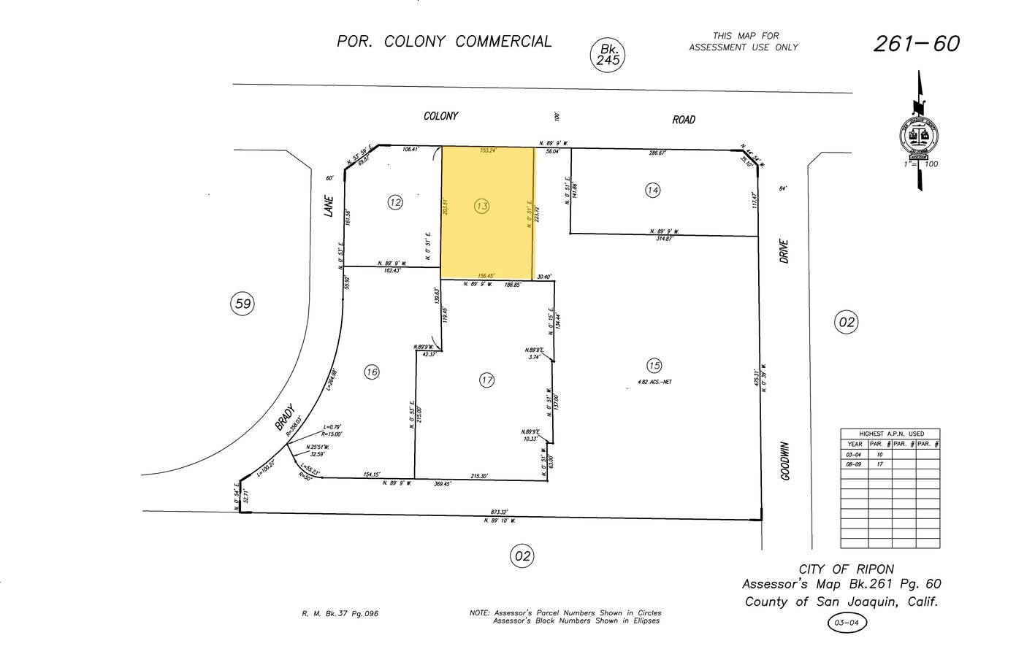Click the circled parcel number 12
(x=395, y=202)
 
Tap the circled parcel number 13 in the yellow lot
(x=481, y=207)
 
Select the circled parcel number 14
(x=653, y=190)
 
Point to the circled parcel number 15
(x=654, y=365)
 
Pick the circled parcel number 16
(x=372, y=372)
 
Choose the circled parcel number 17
(x=487, y=380)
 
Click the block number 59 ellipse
(x=242, y=303)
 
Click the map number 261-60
(x=916, y=44)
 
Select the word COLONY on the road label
(x=441, y=116)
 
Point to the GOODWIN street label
(x=786, y=461)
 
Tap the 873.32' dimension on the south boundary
(x=499, y=512)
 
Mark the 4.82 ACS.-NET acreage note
(x=655, y=382)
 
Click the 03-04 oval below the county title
(x=847, y=623)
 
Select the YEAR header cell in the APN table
(x=855, y=444)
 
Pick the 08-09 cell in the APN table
(x=855, y=464)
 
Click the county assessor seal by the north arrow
(x=918, y=137)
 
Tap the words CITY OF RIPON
(x=846, y=569)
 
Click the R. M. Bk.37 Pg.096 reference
(x=340, y=614)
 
